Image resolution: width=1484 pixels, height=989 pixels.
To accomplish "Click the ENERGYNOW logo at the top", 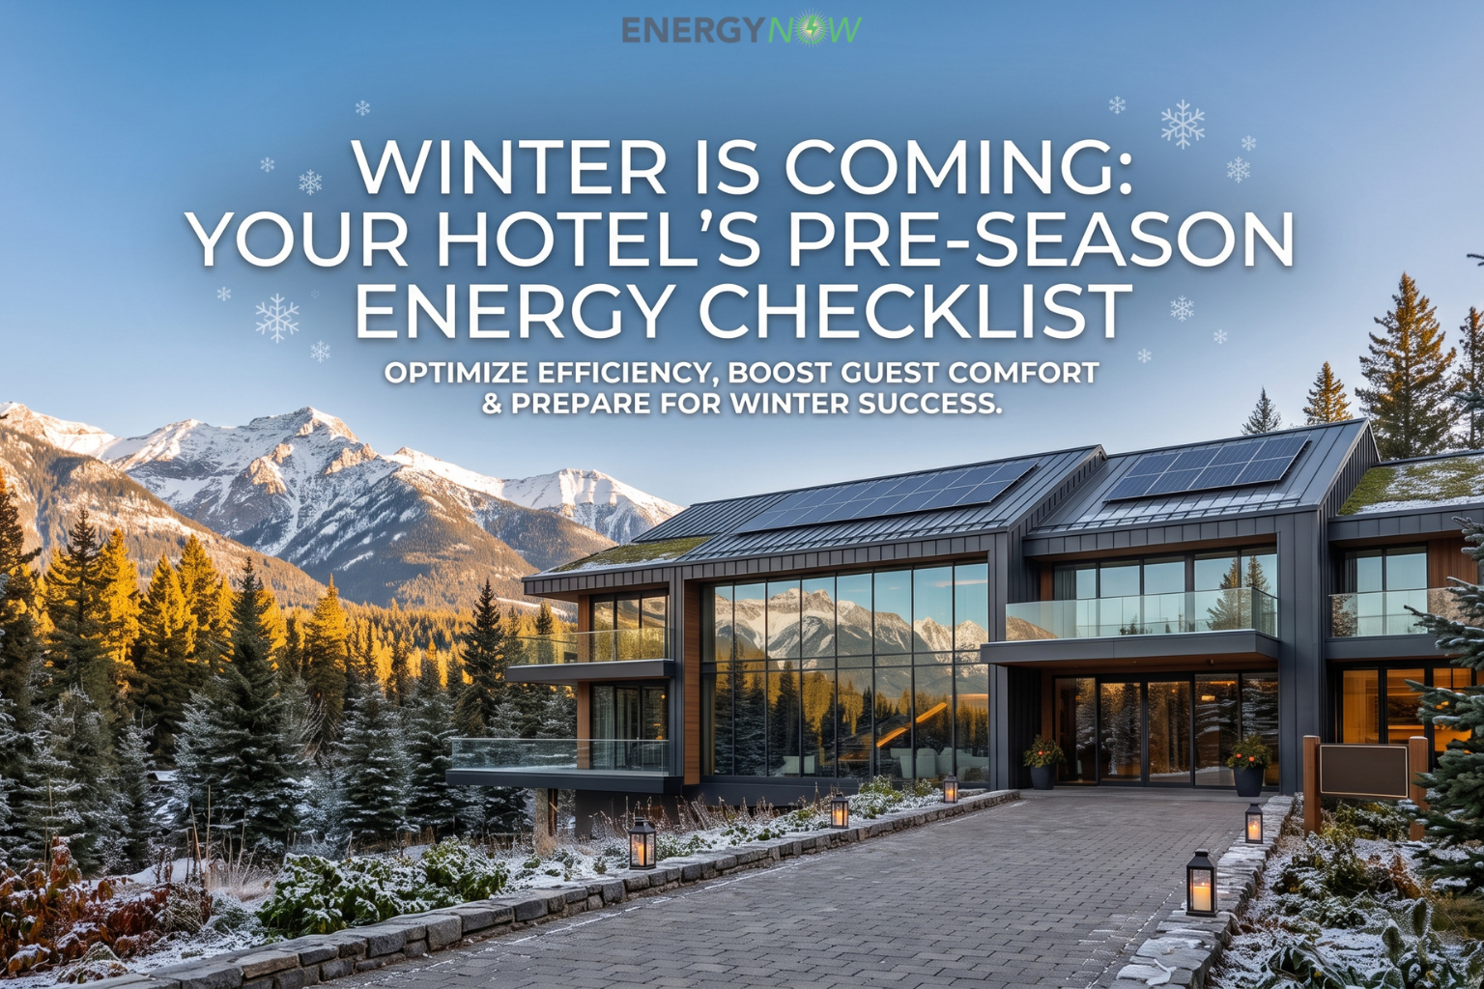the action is (x=742, y=30).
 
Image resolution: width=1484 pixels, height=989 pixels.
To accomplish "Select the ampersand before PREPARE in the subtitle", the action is (x=492, y=403).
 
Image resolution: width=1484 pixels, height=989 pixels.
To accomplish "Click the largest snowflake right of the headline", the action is (x=1183, y=124).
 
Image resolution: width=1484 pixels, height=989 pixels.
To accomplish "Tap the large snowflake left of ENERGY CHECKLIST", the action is (x=277, y=318).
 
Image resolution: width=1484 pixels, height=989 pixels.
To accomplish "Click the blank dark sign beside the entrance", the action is (x=1363, y=771).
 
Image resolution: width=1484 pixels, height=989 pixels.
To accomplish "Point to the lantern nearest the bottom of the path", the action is (x=1201, y=882).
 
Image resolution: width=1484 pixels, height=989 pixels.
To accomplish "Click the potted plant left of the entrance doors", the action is (x=1042, y=761).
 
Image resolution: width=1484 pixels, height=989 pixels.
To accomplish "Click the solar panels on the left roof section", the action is (x=888, y=496).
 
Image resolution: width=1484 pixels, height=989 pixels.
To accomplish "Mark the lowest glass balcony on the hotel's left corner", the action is (x=559, y=755).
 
